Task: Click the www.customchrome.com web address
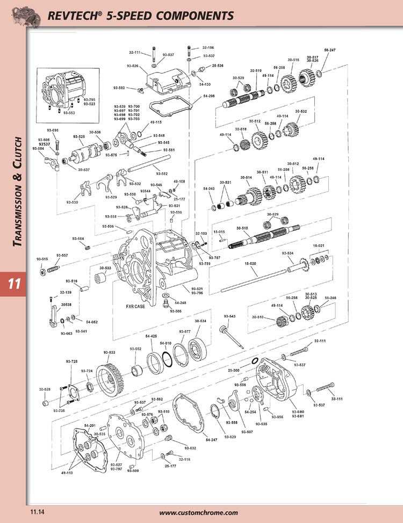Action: (x=198, y=512)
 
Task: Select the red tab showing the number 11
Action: (x=13, y=283)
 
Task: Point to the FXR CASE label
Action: (x=135, y=307)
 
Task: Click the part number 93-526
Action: (x=133, y=66)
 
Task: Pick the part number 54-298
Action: (x=209, y=96)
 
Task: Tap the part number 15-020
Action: (x=250, y=264)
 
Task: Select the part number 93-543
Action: (x=229, y=316)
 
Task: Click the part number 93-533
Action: (x=109, y=352)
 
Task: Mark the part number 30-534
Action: (x=200, y=321)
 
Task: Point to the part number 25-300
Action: (x=234, y=371)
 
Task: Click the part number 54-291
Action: (x=90, y=425)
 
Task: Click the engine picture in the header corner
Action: (x=20, y=13)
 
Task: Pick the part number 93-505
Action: (x=176, y=311)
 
